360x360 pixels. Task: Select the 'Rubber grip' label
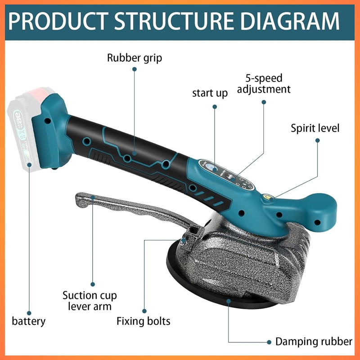click(135, 58)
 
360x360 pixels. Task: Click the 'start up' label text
click(210, 93)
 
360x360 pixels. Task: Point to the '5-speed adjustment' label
click(264, 83)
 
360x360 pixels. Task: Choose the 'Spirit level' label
click(315, 128)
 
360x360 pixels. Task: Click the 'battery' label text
click(29, 321)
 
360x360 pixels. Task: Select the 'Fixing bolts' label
click(144, 321)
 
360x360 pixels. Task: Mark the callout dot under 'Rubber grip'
click(134, 69)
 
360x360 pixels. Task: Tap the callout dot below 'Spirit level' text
click(317, 140)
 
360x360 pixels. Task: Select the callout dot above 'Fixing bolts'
click(144, 310)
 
